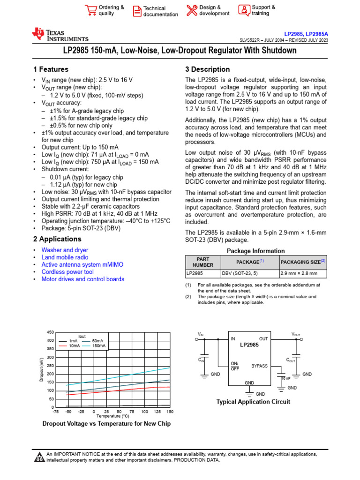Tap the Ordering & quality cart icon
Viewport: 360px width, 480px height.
(90, 10)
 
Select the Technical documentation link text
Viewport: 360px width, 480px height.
(160, 11)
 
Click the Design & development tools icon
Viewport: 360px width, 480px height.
(192, 10)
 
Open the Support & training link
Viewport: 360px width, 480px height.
(263, 10)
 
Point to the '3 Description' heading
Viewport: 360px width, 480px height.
(207, 69)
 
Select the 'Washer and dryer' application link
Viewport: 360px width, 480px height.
(65, 250)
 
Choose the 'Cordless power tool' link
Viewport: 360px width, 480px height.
(67, 272)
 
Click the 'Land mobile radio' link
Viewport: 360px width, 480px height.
(65, 257)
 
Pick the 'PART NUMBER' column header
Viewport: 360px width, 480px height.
(202, 262)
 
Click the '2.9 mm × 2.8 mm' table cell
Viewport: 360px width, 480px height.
(299, 273)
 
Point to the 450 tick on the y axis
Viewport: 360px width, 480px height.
(51, 332)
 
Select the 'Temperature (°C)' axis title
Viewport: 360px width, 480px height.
(112, 416)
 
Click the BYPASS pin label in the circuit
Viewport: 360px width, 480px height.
(260, 366)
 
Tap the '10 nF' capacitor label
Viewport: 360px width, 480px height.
(285, 377)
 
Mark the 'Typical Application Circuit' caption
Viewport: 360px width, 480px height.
(253, 402)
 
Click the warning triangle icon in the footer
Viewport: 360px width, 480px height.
(39, 457)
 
